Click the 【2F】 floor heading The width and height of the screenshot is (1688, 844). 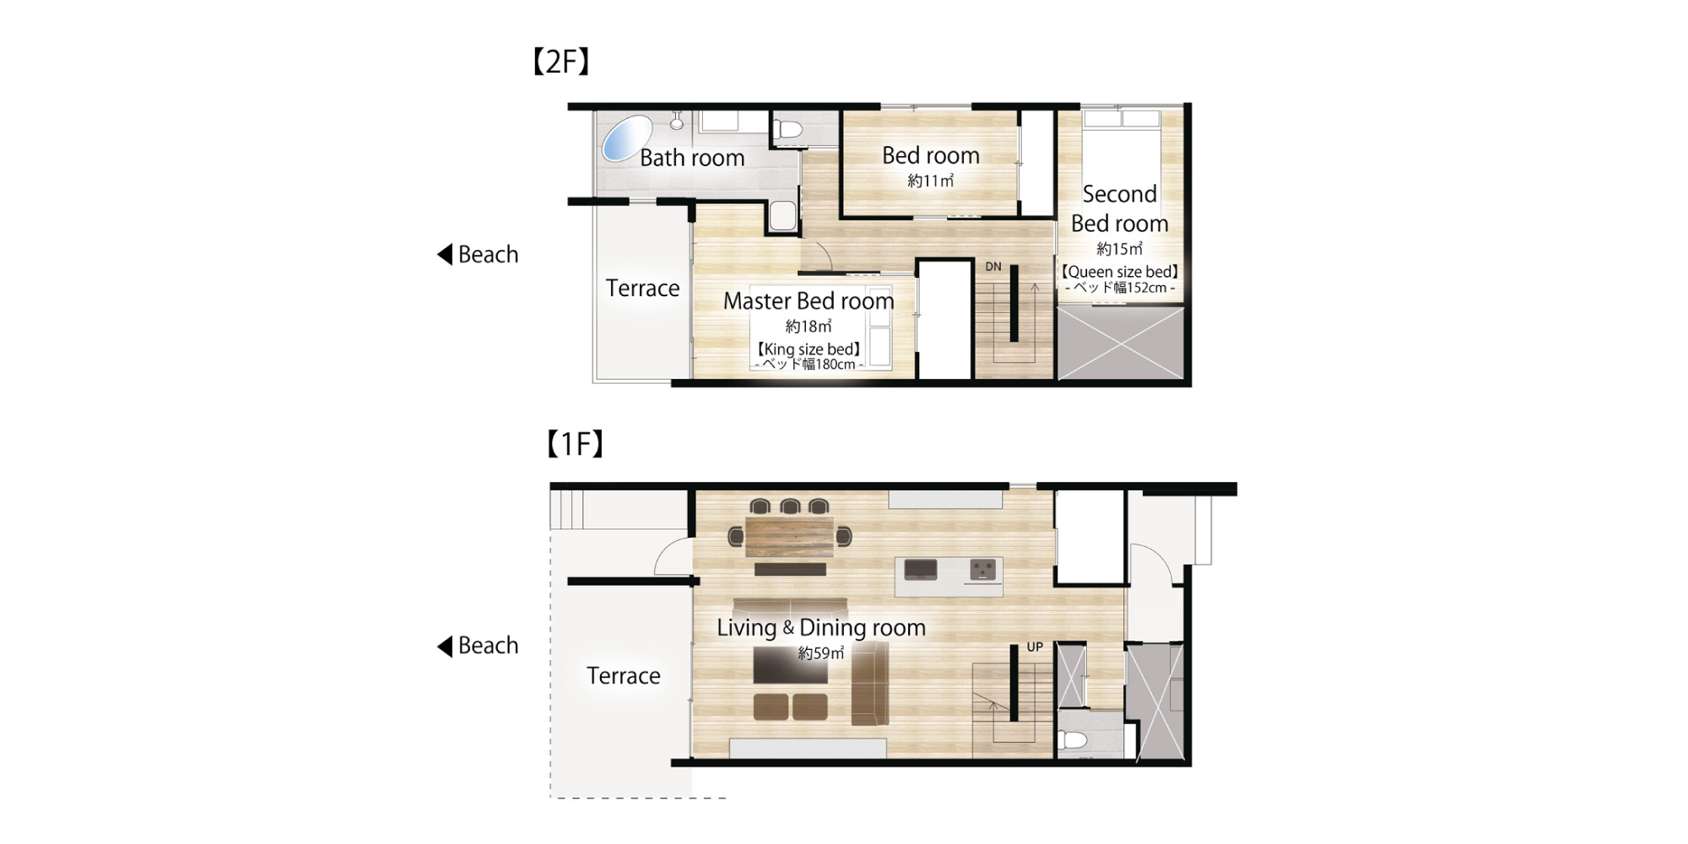click(x=561, y=62)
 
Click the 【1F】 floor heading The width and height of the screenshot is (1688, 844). click(x=575, y=443)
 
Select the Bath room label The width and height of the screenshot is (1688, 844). click(x=692, y=158)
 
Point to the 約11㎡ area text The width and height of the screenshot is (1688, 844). click(x=931, y=181)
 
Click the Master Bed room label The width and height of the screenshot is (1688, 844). click(x=809, y=300)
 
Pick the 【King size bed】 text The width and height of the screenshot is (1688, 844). click(x=809, y=349)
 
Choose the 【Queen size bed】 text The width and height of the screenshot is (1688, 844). click(x=1119, y=272)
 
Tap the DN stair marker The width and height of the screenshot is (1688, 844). click(x=993, y=267)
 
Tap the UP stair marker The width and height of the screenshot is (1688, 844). click(x=1035, y=647)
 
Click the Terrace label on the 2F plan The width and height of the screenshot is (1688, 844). click(x=642, y=289)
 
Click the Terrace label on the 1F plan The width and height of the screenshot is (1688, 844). click(x=624, y=676)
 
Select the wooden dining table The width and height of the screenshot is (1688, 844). click(x=789, y=537)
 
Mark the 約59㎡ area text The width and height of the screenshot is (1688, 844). click(x=821, y=653)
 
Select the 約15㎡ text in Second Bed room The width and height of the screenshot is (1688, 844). click(x=1119, y=249)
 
